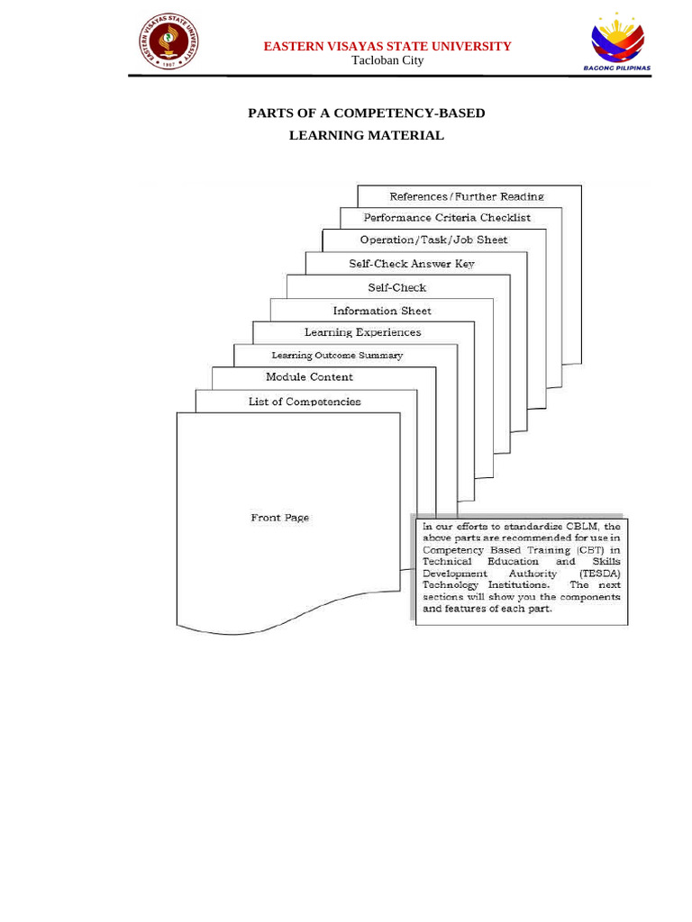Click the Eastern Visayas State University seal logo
point(168,41)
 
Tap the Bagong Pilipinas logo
point(617,41)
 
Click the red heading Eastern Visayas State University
point(387,46)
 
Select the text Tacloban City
point(387,60)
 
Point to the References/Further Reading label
point(466,196)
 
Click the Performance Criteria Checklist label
point(447,218)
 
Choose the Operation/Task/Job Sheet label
point(433,240)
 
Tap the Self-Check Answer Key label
point(412,264)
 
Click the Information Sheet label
point(382,311)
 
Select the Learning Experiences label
point(362,332)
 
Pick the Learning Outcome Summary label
point(337,356)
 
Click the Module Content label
point(309,377)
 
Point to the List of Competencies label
point(305,402)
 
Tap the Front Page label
point(279,518)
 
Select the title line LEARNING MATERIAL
point(366,135)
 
